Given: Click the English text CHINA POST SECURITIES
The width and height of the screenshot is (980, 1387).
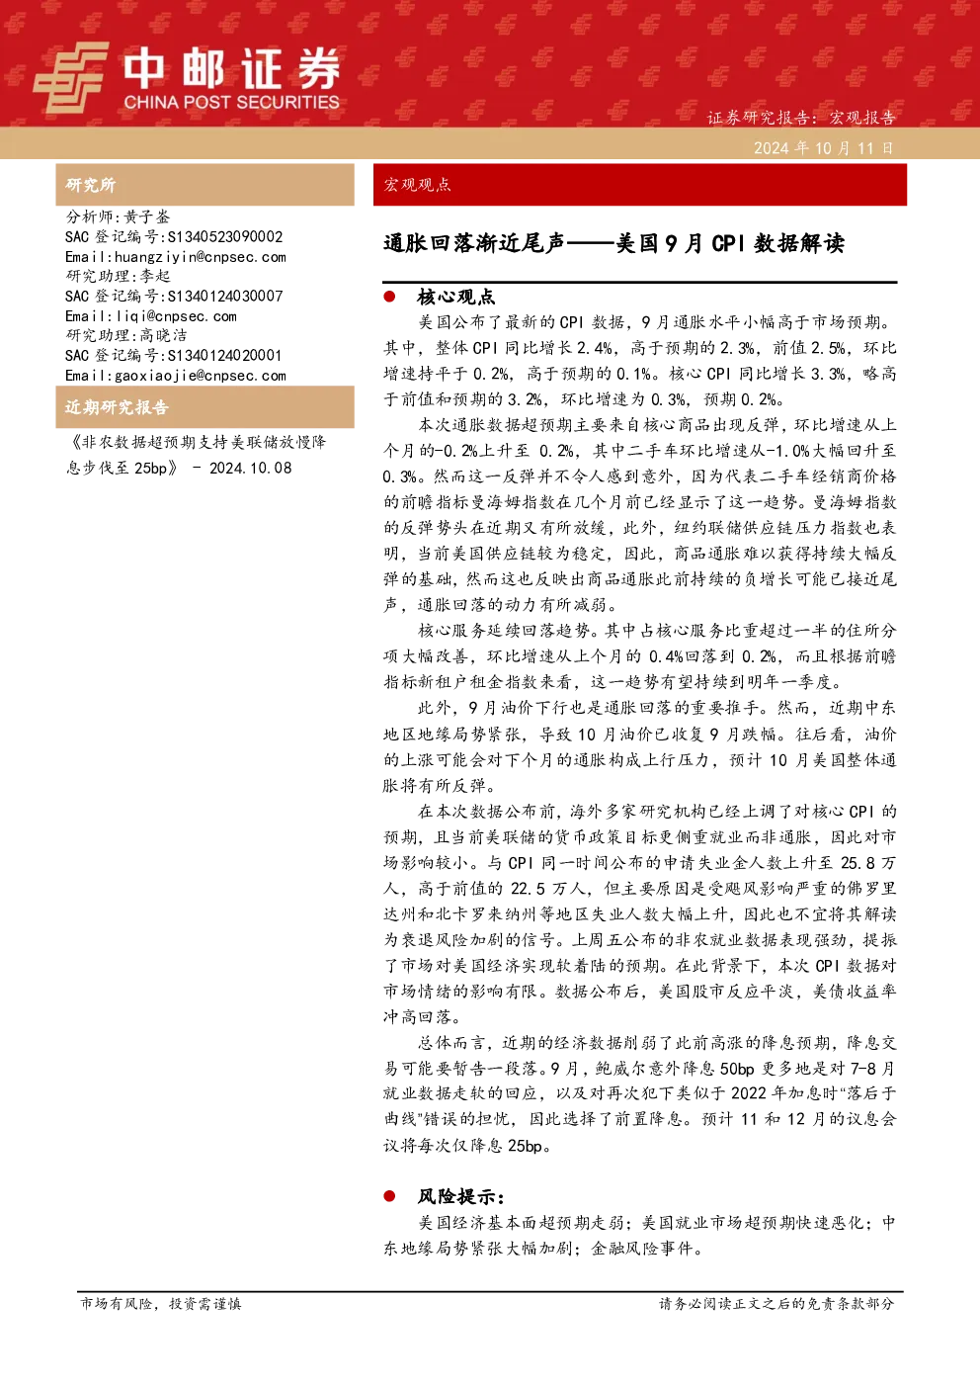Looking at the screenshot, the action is point(231,102).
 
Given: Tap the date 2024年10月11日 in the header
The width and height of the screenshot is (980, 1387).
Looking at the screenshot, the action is point(824,148).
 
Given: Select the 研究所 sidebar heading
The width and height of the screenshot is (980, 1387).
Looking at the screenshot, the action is point(90,185).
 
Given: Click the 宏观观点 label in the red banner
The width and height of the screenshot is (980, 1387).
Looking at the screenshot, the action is point(418,185).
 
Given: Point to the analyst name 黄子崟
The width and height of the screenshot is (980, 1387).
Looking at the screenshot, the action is point(146,217).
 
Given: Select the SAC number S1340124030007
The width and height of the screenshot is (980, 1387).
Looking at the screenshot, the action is point(225,296).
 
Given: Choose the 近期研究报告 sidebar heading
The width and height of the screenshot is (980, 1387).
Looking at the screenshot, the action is point(117,407).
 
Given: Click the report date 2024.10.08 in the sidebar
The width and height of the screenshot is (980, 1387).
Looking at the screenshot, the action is point(250,469).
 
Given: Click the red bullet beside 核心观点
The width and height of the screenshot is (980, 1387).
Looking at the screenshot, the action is point(389,297).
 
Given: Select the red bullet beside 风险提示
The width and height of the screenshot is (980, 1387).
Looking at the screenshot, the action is point(389,1195).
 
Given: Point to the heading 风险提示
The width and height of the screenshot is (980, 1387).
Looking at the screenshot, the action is point(460,1196).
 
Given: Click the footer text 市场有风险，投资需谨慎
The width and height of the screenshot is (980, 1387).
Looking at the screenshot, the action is point(161,1304).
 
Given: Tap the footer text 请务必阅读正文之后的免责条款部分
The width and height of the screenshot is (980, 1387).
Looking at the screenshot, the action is point(776,1304).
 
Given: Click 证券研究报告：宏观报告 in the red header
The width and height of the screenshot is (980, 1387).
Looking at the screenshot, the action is point(801,118).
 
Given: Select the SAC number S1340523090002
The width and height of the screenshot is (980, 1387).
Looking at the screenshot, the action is point(225,236).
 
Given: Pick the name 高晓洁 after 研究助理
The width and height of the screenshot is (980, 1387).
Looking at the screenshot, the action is point(163,335).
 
